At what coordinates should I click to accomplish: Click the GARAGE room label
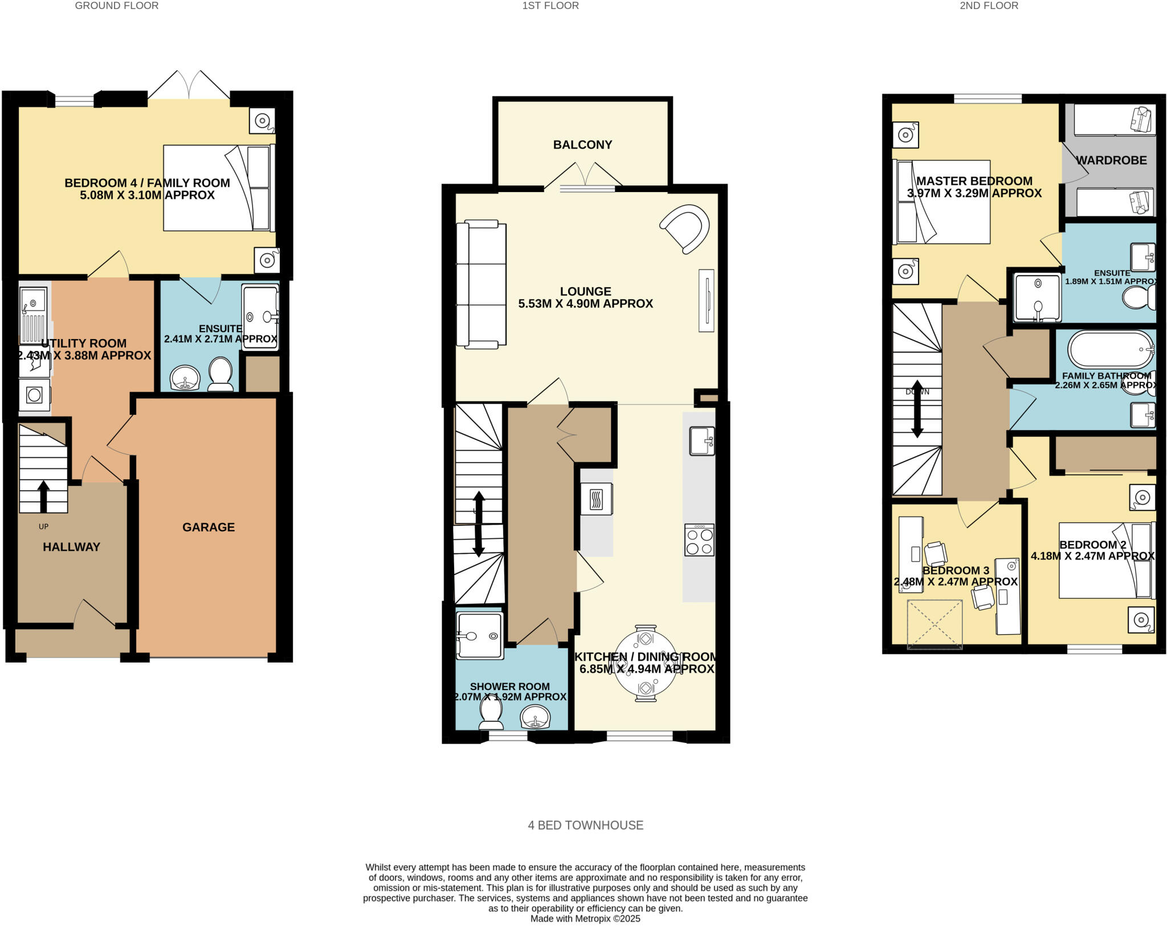click(208, 527)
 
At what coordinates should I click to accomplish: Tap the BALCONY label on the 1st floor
click(582, 145)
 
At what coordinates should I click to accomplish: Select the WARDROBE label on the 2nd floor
click(1111, 160)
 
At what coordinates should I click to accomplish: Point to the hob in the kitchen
click(699, 540)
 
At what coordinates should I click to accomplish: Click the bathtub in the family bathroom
click(1110, 349)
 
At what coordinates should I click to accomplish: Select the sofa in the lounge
click(481, 284)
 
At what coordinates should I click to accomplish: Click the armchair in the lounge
click(686, 228)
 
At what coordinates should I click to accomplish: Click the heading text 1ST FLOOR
click(550, 6)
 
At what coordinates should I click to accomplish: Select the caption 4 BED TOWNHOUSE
click(585, 825)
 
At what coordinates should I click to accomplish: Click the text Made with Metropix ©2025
click(585, 918)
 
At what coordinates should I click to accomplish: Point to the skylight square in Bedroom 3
click(935, 624)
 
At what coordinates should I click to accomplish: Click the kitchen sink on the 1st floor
click(702, 441)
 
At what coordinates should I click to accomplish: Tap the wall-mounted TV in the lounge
click(706, 300)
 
